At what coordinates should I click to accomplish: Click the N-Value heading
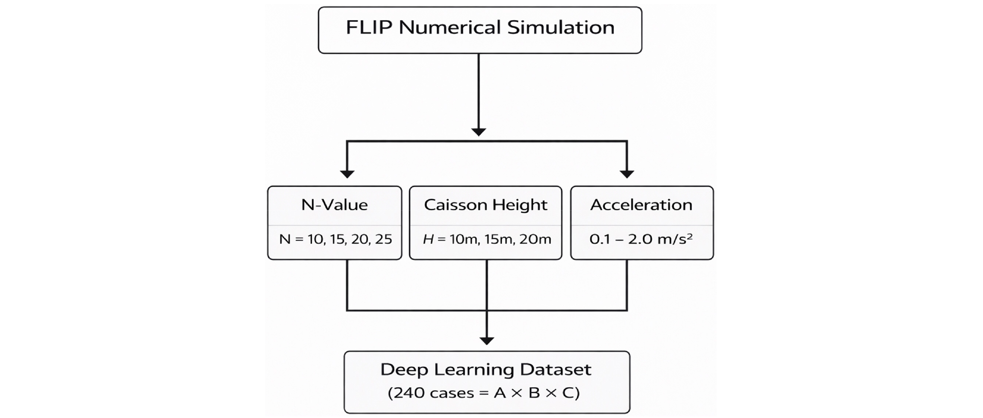coord(334,204)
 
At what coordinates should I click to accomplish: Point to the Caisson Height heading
coord(485,205)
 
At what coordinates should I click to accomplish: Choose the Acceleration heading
coord(641,204)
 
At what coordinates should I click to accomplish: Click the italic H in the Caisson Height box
coord(428,239)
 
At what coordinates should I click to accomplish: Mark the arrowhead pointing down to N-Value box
coord(347,174)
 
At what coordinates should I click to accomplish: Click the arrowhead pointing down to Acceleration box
coord(627,174)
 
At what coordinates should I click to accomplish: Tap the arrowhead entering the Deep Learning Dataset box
coord(487,341)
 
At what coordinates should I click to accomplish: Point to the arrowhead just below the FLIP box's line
coord(478,132)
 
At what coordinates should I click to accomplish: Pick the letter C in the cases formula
coord(569,393)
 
